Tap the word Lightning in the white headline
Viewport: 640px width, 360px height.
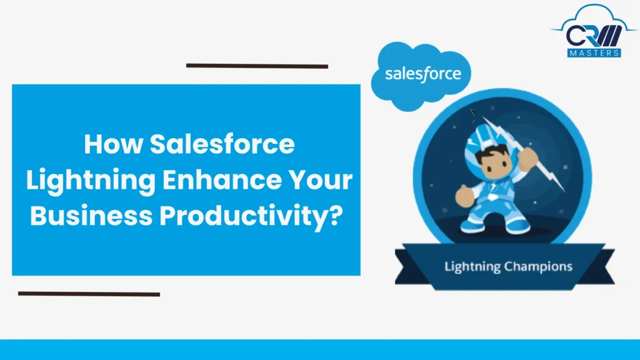(x=88, y=180)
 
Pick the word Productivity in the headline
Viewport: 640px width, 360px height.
(x=241, y=215)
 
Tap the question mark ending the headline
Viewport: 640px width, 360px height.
(x=336, y=215)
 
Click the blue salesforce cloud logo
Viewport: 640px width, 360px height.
(x=422, y=75)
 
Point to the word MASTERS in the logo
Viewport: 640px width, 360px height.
(x=594, y=53)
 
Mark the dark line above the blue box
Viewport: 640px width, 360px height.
(x=257, y=66)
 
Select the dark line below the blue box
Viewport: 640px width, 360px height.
(x=89, y=293)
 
